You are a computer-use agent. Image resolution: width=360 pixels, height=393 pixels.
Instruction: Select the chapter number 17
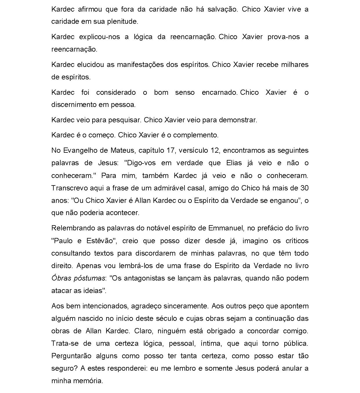point(171,151)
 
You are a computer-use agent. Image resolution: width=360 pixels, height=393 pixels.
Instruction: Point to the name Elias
point(234,163)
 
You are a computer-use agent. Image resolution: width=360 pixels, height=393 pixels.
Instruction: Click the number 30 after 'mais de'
point(304,188)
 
